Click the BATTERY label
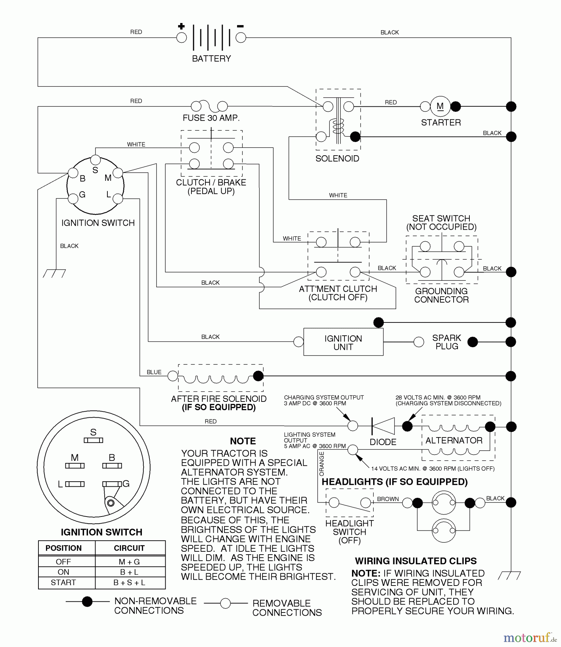(x=211, y=59)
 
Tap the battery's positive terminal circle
(x=182, y=37)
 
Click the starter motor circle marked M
(x=440, y=106)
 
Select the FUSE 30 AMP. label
(x=211, y=118)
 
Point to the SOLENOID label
(x=337, y=159)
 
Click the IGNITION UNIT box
(x=343, y=342)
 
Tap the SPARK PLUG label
(x=446, y=342)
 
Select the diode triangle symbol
(x=383, y=426)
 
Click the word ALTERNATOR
(x=454, y=440)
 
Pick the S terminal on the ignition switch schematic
(x=95, y=160)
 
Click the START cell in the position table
(x=64, y=582)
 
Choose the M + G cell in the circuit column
(x=129, y=561)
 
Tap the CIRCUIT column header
(x=129, y=548)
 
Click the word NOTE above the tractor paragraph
(x=243, y=441)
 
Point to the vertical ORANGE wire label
(x=321, y=464)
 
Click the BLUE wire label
(x=154, y=372)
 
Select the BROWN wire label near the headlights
(x=388, y=499)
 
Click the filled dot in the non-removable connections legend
(x=87, y=602)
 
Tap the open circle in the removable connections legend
(x=225, y=603)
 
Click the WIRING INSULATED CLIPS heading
(x=416, y=561)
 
